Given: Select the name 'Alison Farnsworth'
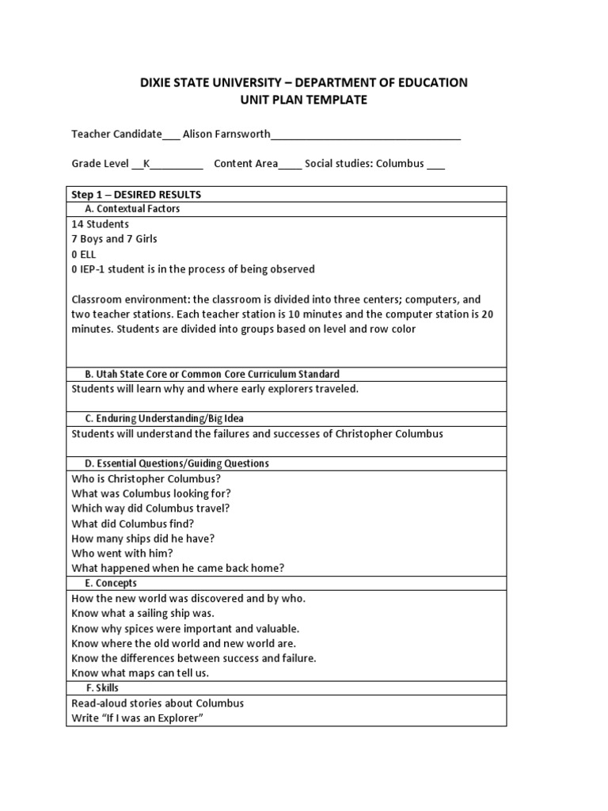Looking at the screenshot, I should [x=226, y=135].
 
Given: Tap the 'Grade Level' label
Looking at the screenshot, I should [x=101, y=164].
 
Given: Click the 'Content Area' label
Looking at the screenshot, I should [x=245, y=164].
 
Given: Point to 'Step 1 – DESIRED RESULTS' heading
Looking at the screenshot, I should [x=136, y=194].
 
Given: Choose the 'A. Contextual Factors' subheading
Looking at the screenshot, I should [x=132, y=209].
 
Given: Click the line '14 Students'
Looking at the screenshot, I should [x=101, y=224].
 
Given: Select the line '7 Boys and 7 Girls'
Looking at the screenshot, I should [x=115, y=239].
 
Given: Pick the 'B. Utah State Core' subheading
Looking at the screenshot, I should [x=212, y=374].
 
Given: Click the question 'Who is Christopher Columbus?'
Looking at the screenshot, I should [x=146, y=478].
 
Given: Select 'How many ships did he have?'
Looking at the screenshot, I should [x=143, y=538].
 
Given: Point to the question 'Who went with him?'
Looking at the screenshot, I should [x=122, y=553].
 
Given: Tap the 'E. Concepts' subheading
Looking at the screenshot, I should [x=111, y=583].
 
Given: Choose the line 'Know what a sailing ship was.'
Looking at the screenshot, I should [x=143, y=613].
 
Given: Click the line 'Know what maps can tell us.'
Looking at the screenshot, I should [x=140, y=673].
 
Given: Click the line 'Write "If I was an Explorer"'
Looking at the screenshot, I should [x=143, y=718].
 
